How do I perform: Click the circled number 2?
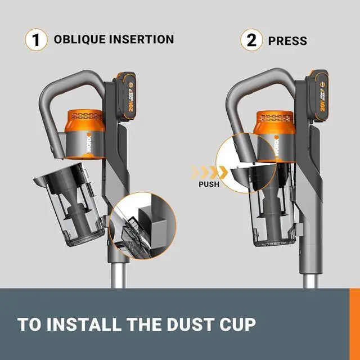tap(251, 40)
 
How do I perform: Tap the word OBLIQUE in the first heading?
tap(79, 39)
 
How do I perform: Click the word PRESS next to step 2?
tap(287, 41)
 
